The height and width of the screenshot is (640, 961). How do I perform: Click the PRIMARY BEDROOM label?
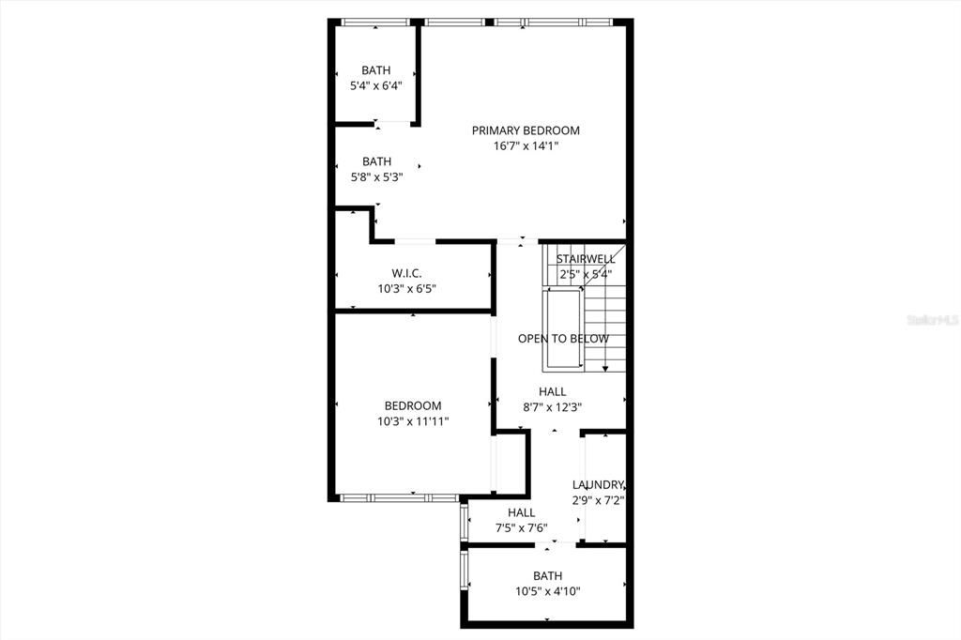(526, 130)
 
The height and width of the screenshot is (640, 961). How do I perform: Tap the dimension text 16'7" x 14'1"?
(526, 145)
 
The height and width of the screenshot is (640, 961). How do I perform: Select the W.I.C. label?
(406, 273)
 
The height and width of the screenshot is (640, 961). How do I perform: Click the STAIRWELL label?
(586, 259)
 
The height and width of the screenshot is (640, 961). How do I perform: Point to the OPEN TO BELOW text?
(563, 339)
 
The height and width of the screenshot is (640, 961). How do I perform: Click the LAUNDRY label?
(599, 485)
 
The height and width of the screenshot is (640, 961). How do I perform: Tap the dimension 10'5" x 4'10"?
(548, 591)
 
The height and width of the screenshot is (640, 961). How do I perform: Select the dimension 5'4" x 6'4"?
(376, 85)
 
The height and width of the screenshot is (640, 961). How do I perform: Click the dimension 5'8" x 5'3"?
(376, 176)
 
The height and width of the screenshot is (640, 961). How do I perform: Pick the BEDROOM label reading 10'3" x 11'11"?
(413, 406)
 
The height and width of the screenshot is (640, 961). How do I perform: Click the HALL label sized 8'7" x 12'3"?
(552, 391)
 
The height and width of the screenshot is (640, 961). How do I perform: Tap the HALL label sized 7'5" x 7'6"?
(521, 512)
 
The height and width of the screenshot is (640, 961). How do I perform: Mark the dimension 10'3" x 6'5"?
(406, 288)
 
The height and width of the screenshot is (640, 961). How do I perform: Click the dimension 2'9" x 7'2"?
(599, 500)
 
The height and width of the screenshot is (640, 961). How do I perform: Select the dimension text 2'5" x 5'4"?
(586, 274)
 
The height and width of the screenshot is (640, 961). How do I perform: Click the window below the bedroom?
(397, 496)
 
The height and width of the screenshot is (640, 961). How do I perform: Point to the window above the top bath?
(375, 22)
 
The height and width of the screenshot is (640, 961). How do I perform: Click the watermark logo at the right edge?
(932, 320)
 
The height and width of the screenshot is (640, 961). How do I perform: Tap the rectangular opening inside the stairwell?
(563, 330)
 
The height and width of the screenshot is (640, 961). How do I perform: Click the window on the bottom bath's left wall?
(464, 571)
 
